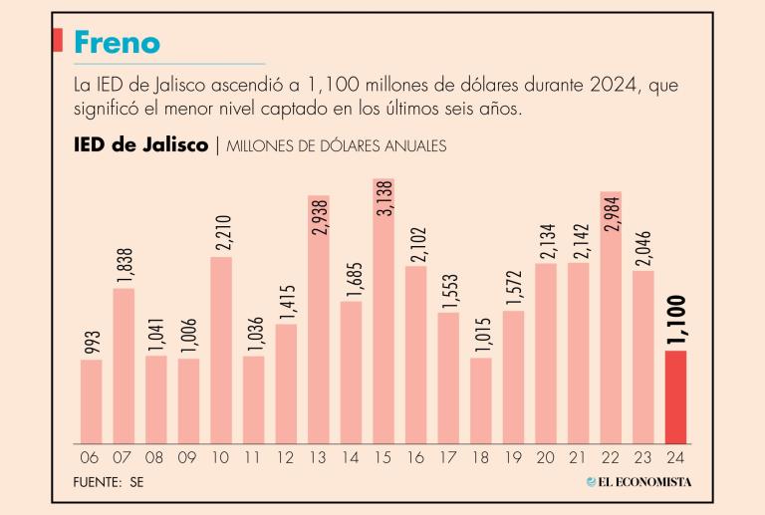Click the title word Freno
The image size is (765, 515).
point(117,43)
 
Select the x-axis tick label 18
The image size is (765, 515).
point(481,459)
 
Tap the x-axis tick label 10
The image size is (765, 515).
point(221,459)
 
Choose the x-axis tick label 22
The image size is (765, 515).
point(611,459)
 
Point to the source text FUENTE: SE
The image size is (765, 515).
point(109,482)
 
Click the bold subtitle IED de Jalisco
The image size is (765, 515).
point(140,145)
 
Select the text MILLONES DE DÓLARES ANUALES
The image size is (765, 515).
point(336,146)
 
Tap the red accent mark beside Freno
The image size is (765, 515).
point(56,42)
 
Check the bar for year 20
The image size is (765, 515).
point(546,353)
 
